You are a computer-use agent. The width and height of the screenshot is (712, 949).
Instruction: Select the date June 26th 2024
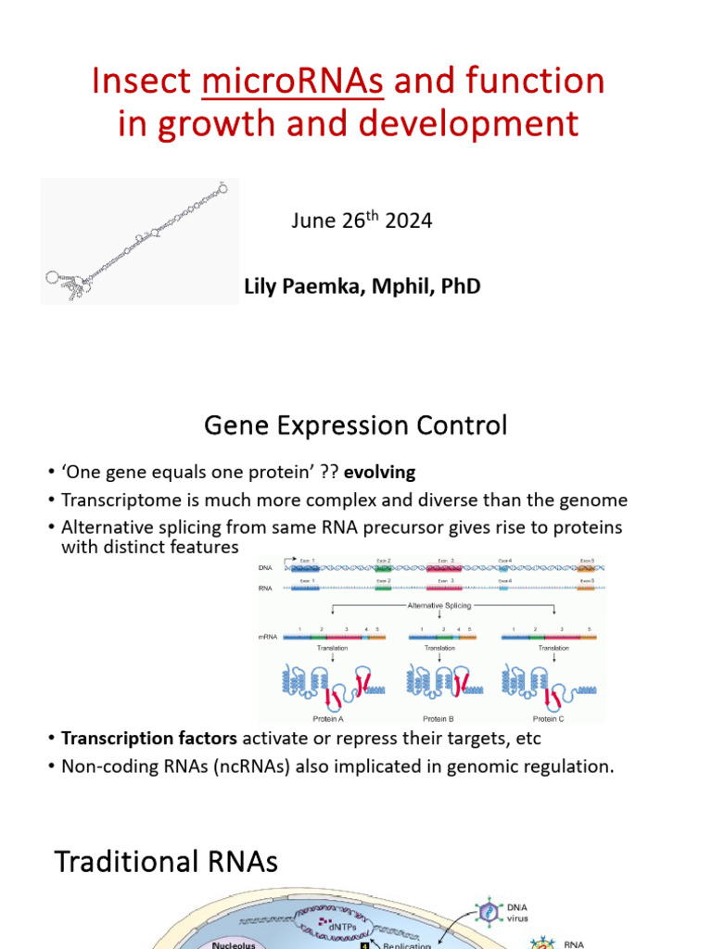click(361, 221)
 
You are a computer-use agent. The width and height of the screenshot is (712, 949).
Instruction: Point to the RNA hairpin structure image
click(139, 242)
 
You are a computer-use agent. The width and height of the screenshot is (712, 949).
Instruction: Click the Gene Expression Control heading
click(356, 425)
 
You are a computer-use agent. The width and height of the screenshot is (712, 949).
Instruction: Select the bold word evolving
click(379, 473)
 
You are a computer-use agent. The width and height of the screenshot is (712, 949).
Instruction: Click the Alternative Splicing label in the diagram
click(439, 604)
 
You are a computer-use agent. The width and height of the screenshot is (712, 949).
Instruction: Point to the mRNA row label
click(269, 638)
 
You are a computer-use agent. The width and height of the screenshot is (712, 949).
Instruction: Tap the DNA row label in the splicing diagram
click(267, 566)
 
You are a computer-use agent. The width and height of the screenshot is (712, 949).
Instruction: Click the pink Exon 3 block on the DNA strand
click(443, 567)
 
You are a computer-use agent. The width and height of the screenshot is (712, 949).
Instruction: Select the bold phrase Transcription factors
click(132, 739)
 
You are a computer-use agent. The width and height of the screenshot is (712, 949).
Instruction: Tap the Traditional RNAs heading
click(166, 862)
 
